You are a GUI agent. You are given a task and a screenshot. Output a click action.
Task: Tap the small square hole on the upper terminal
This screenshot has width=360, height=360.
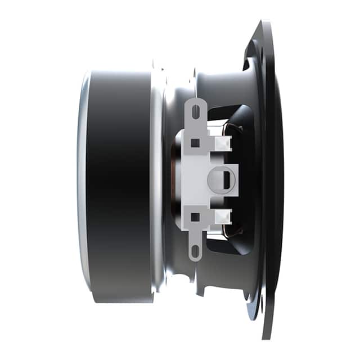point(195,143)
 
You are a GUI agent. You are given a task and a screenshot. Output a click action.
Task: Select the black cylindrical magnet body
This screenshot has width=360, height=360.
point(121,186)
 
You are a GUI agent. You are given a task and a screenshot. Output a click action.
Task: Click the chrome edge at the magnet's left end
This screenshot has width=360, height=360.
point(83,186)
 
